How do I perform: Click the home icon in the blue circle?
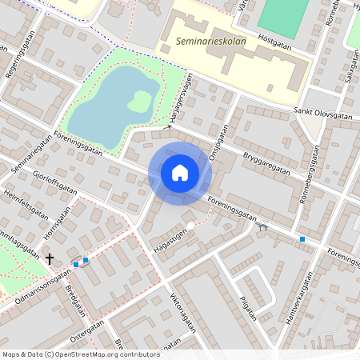coord(180,173)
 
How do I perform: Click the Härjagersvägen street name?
coord(180,94)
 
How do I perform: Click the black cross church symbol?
coord(50,258)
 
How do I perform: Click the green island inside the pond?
coord(139,101)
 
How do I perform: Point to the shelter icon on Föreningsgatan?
coord(262,226)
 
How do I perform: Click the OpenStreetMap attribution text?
coord(82,354)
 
